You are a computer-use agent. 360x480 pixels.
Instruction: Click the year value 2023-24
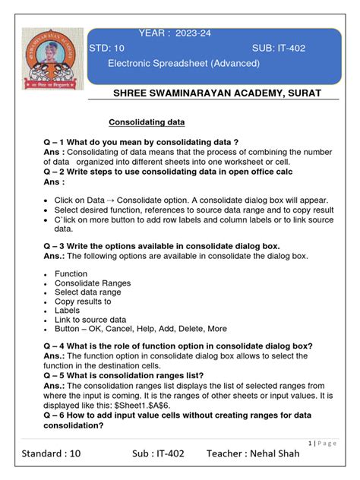pos(197,34)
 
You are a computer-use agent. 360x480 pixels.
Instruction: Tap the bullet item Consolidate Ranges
pos(92,283)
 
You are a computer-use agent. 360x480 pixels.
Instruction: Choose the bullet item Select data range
pos(87,292)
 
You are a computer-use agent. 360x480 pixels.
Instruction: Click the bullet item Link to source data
pos(90,320)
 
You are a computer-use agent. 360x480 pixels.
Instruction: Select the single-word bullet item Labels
pos(68,311)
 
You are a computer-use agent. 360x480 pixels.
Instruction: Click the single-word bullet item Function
pos(71,273)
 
